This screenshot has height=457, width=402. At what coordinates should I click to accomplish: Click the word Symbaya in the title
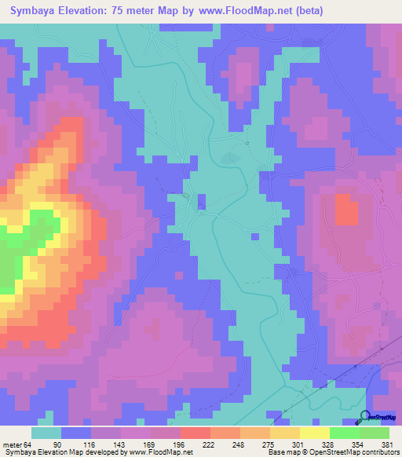click(x=38, y=12)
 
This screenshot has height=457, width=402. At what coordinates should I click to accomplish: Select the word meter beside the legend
click(x=12, y=445)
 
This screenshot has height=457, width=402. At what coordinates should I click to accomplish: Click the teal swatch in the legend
click(x=46, y=433)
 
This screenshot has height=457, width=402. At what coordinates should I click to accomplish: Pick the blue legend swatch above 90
click(x=76, y=433)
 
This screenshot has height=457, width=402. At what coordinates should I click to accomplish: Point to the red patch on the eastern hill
click(x=345, y=210)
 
